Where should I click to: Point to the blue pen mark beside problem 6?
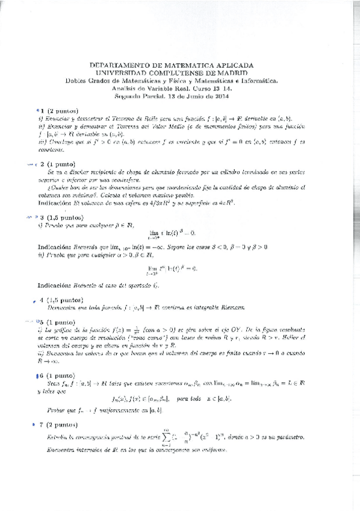37,375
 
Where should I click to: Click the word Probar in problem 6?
54,409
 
